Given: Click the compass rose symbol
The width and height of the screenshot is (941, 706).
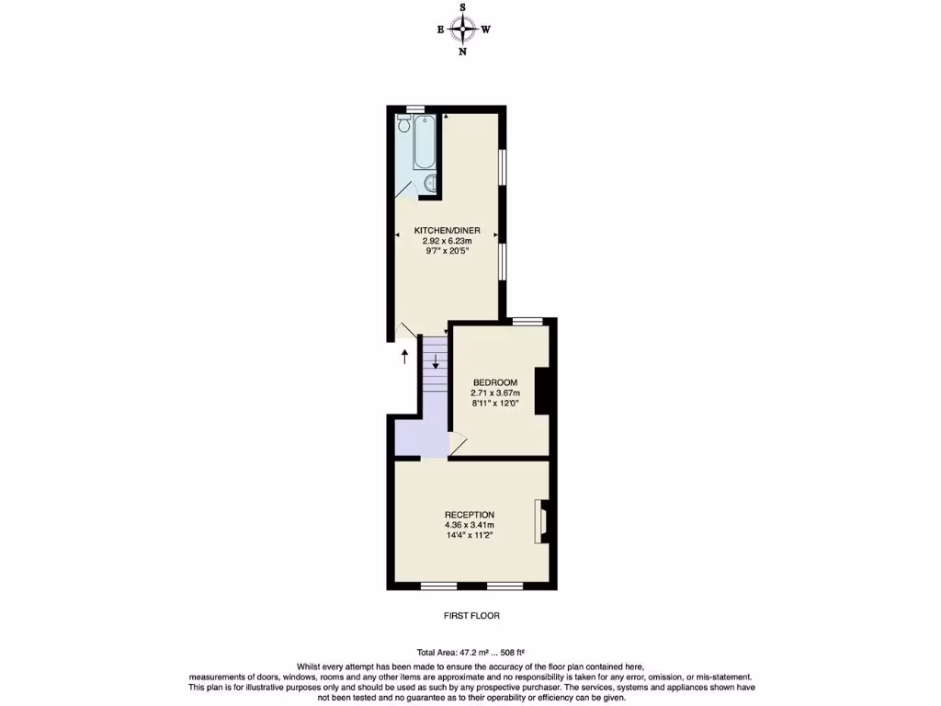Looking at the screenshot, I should pyautogui.click(x=463, y=29).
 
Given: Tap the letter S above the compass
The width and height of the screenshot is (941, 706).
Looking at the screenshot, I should pyautogui.click(x=463, y=7).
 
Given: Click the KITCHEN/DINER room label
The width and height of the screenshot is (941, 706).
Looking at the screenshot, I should pyautogui.click(x=447, y=230).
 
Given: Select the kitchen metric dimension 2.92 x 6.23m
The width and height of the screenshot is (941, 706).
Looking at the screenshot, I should pyautogui.click(x=447, y=241).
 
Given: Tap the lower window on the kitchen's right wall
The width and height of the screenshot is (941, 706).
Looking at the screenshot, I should pyautogui.click(x=502, y=260).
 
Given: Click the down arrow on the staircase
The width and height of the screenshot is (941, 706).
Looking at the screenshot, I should pyautogui.click(x=436, y=359).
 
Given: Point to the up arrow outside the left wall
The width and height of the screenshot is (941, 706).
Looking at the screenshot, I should pyautogui.click(x=404, y=356).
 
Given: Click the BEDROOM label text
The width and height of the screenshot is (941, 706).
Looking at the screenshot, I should pyautogui.click(x=495, y=382).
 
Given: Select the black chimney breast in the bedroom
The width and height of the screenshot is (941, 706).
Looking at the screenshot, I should pyautogui.click(x=542, y=391).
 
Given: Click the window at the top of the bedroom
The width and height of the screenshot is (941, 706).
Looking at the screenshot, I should pyautogui.click(x=527, y=321).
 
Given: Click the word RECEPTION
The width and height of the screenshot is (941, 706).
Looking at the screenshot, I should pyautogui.click(x=470, y=515).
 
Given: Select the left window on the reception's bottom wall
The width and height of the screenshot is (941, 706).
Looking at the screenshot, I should pyautogui.click(x=438, y=586).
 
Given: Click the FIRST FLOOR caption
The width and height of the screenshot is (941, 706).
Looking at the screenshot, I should pyautogui.click(x=470, y=616).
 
